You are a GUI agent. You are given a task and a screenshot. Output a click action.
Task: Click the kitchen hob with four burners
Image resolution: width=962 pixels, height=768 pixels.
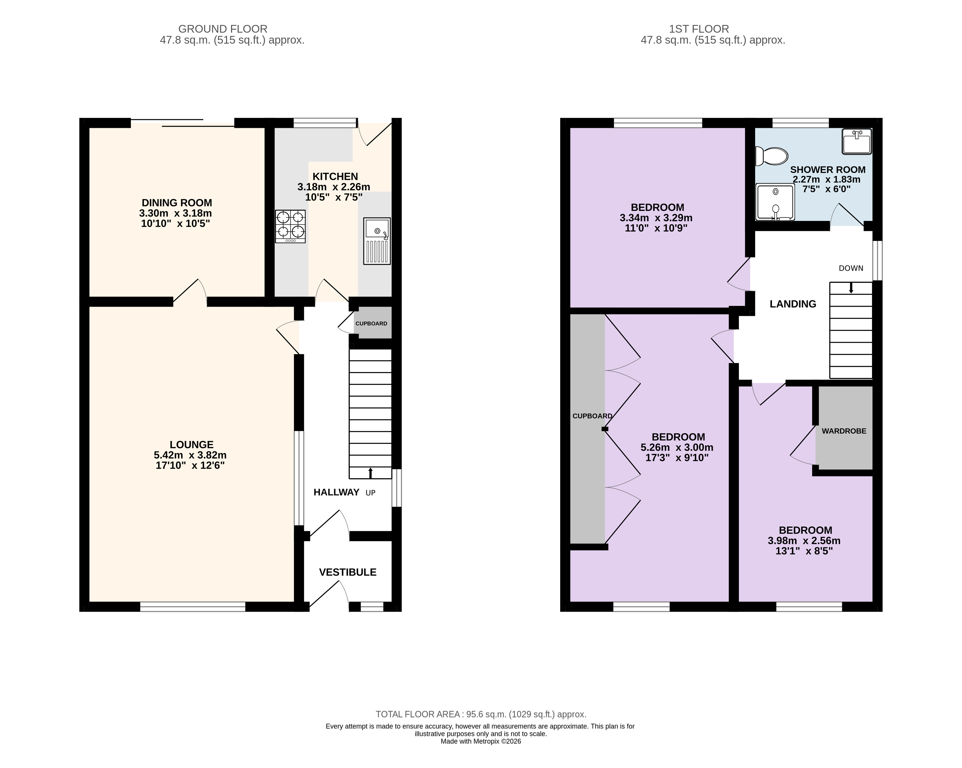pos(290,226)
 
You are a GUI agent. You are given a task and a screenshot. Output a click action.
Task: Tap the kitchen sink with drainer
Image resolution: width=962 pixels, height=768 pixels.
pos(377,241)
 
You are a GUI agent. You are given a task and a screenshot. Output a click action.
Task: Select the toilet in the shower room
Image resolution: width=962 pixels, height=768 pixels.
pos(771,156)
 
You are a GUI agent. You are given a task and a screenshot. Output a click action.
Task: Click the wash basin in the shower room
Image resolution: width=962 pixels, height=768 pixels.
pos(857,142)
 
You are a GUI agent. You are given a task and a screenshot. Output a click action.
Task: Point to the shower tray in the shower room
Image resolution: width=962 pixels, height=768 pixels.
pos(775,202)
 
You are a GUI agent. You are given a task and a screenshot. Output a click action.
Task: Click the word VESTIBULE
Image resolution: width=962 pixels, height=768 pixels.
pos(348,572)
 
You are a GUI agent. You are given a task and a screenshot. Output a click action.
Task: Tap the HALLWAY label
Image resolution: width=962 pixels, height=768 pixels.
pos(336,492)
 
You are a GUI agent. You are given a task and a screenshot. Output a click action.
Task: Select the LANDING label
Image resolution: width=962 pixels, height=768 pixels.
pos(793,304)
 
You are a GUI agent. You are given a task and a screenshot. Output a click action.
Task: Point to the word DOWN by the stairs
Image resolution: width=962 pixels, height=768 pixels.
pos(851,268)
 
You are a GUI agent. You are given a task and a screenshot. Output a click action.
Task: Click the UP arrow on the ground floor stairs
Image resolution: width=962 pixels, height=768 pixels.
pos(370,473)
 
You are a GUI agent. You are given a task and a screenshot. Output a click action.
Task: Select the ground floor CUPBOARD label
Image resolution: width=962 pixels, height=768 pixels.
pos(371,323)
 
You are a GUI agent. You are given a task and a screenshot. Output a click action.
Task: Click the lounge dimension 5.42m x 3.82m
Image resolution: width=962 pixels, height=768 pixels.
pos(190,455)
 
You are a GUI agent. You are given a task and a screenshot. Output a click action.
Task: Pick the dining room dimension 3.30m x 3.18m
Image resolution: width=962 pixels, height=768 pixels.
pos(175,213)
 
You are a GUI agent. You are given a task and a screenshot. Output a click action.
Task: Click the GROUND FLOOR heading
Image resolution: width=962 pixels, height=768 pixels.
pos(223,29)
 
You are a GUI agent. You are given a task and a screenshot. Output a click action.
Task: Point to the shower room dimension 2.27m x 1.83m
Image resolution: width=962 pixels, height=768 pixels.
pos(826,179)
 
